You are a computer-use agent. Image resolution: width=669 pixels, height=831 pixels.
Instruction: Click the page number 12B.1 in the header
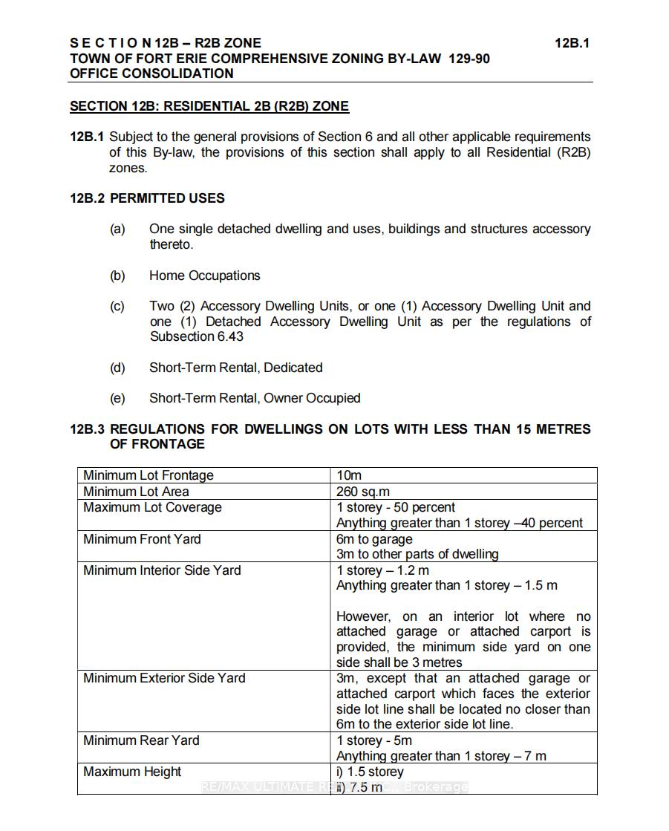(572, 43)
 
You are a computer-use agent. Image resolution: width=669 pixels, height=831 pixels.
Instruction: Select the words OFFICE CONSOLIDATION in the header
(151, 74)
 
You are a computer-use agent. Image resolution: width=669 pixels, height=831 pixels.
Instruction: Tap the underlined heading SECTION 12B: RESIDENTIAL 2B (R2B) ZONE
(209, 106)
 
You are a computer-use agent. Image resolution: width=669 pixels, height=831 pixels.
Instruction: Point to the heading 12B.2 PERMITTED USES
(147, 198)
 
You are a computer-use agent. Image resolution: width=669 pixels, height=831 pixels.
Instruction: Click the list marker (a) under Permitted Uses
(117, 229)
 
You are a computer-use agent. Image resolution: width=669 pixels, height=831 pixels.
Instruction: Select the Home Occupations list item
(204, 276)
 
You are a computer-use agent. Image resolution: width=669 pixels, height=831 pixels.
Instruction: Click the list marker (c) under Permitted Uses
(117, 306)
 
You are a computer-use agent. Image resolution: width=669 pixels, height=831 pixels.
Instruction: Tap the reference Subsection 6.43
(196, 336)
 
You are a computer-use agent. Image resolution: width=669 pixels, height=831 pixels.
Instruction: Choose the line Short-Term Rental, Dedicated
(235, 368)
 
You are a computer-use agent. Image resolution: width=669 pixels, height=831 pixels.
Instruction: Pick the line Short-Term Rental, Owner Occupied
(255, 398)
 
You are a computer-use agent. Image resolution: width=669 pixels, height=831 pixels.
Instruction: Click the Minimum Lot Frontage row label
(149, 475)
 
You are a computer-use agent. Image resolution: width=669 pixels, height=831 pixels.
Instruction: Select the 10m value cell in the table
(349, 475)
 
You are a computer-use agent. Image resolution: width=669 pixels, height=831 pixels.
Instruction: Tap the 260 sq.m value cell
(363, 492)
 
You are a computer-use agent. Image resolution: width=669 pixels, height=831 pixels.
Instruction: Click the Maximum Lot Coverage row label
(152, 508)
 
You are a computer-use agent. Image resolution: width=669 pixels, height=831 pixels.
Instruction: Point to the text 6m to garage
(374, 539)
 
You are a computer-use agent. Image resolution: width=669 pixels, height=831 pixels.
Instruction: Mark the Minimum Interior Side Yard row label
(162, 570)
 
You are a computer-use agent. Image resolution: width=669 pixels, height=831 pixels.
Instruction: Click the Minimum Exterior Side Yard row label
(164, 678)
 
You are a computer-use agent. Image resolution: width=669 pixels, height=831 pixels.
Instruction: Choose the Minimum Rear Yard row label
(141, 740)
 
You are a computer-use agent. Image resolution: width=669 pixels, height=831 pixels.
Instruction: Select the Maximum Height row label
(132, 772)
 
